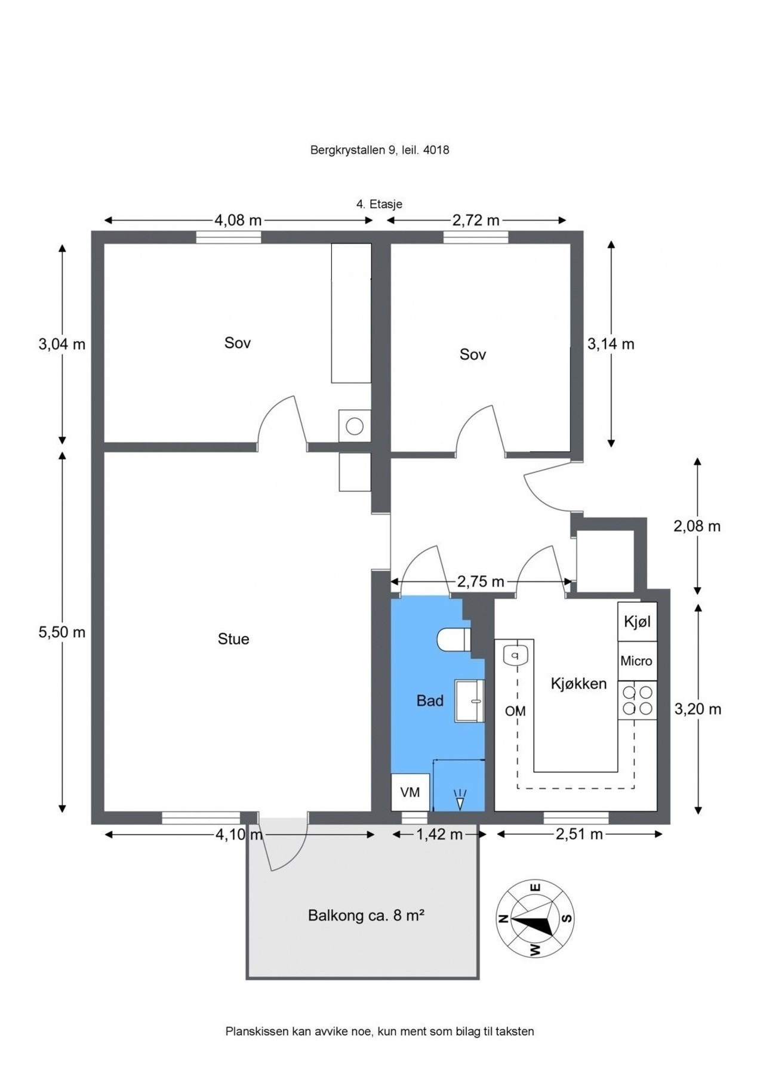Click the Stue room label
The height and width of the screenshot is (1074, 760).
click(x=233, y=639)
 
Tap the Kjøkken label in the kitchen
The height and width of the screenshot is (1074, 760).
click(x=578, y=684)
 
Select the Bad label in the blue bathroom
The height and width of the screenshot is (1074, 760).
click(x=429, y=700)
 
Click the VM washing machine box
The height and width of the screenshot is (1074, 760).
click(x=410, y=792)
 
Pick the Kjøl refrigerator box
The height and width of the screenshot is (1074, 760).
click(x=636, y=622)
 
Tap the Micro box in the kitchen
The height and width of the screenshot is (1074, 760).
click(x=636, y=661)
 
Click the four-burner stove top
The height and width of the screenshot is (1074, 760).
click(x=637, y=700)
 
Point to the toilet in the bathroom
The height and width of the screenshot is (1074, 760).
click(x=453, y=640)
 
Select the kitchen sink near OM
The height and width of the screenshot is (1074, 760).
click(x=515, y=656)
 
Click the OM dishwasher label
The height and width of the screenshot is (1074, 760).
click(x=515, y=711)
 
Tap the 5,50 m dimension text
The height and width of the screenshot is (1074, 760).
click(x=61, y=632)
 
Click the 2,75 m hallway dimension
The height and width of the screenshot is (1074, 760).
click(x=480, y=581)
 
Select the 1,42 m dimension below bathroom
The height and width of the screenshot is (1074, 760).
click(x=439, y=834)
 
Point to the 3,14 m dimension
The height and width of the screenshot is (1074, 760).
click(x=610, y=344)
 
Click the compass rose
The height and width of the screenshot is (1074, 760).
click(x=535, y=919)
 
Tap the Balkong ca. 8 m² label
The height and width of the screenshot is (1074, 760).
click(x=365, y=915)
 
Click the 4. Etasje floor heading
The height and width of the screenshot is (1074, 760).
click(x=379, y=204)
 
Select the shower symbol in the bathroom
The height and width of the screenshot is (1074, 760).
click(x=459, y=800)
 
